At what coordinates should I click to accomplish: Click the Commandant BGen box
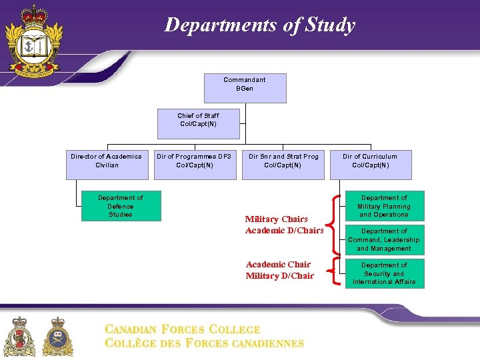click(x=245, y=88)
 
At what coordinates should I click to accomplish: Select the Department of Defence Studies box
click(x=121, y=207)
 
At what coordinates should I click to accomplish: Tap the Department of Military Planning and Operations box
click(x=384, y=207)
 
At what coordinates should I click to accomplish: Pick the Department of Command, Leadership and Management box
click(x=384, y=240)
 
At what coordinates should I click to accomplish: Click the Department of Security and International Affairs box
click(x=384, y=273)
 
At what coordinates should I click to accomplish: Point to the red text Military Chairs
click(x=276, y=219)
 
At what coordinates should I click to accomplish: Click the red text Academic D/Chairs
click(x=284, y=231)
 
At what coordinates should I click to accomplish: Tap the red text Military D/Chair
click(x=279, y=276)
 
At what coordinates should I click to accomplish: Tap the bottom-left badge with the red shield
click(x=20, y=337)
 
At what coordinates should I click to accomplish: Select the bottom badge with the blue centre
click(x=58, y=337)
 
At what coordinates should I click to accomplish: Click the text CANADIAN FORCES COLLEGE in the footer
click(x=182, y=329)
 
